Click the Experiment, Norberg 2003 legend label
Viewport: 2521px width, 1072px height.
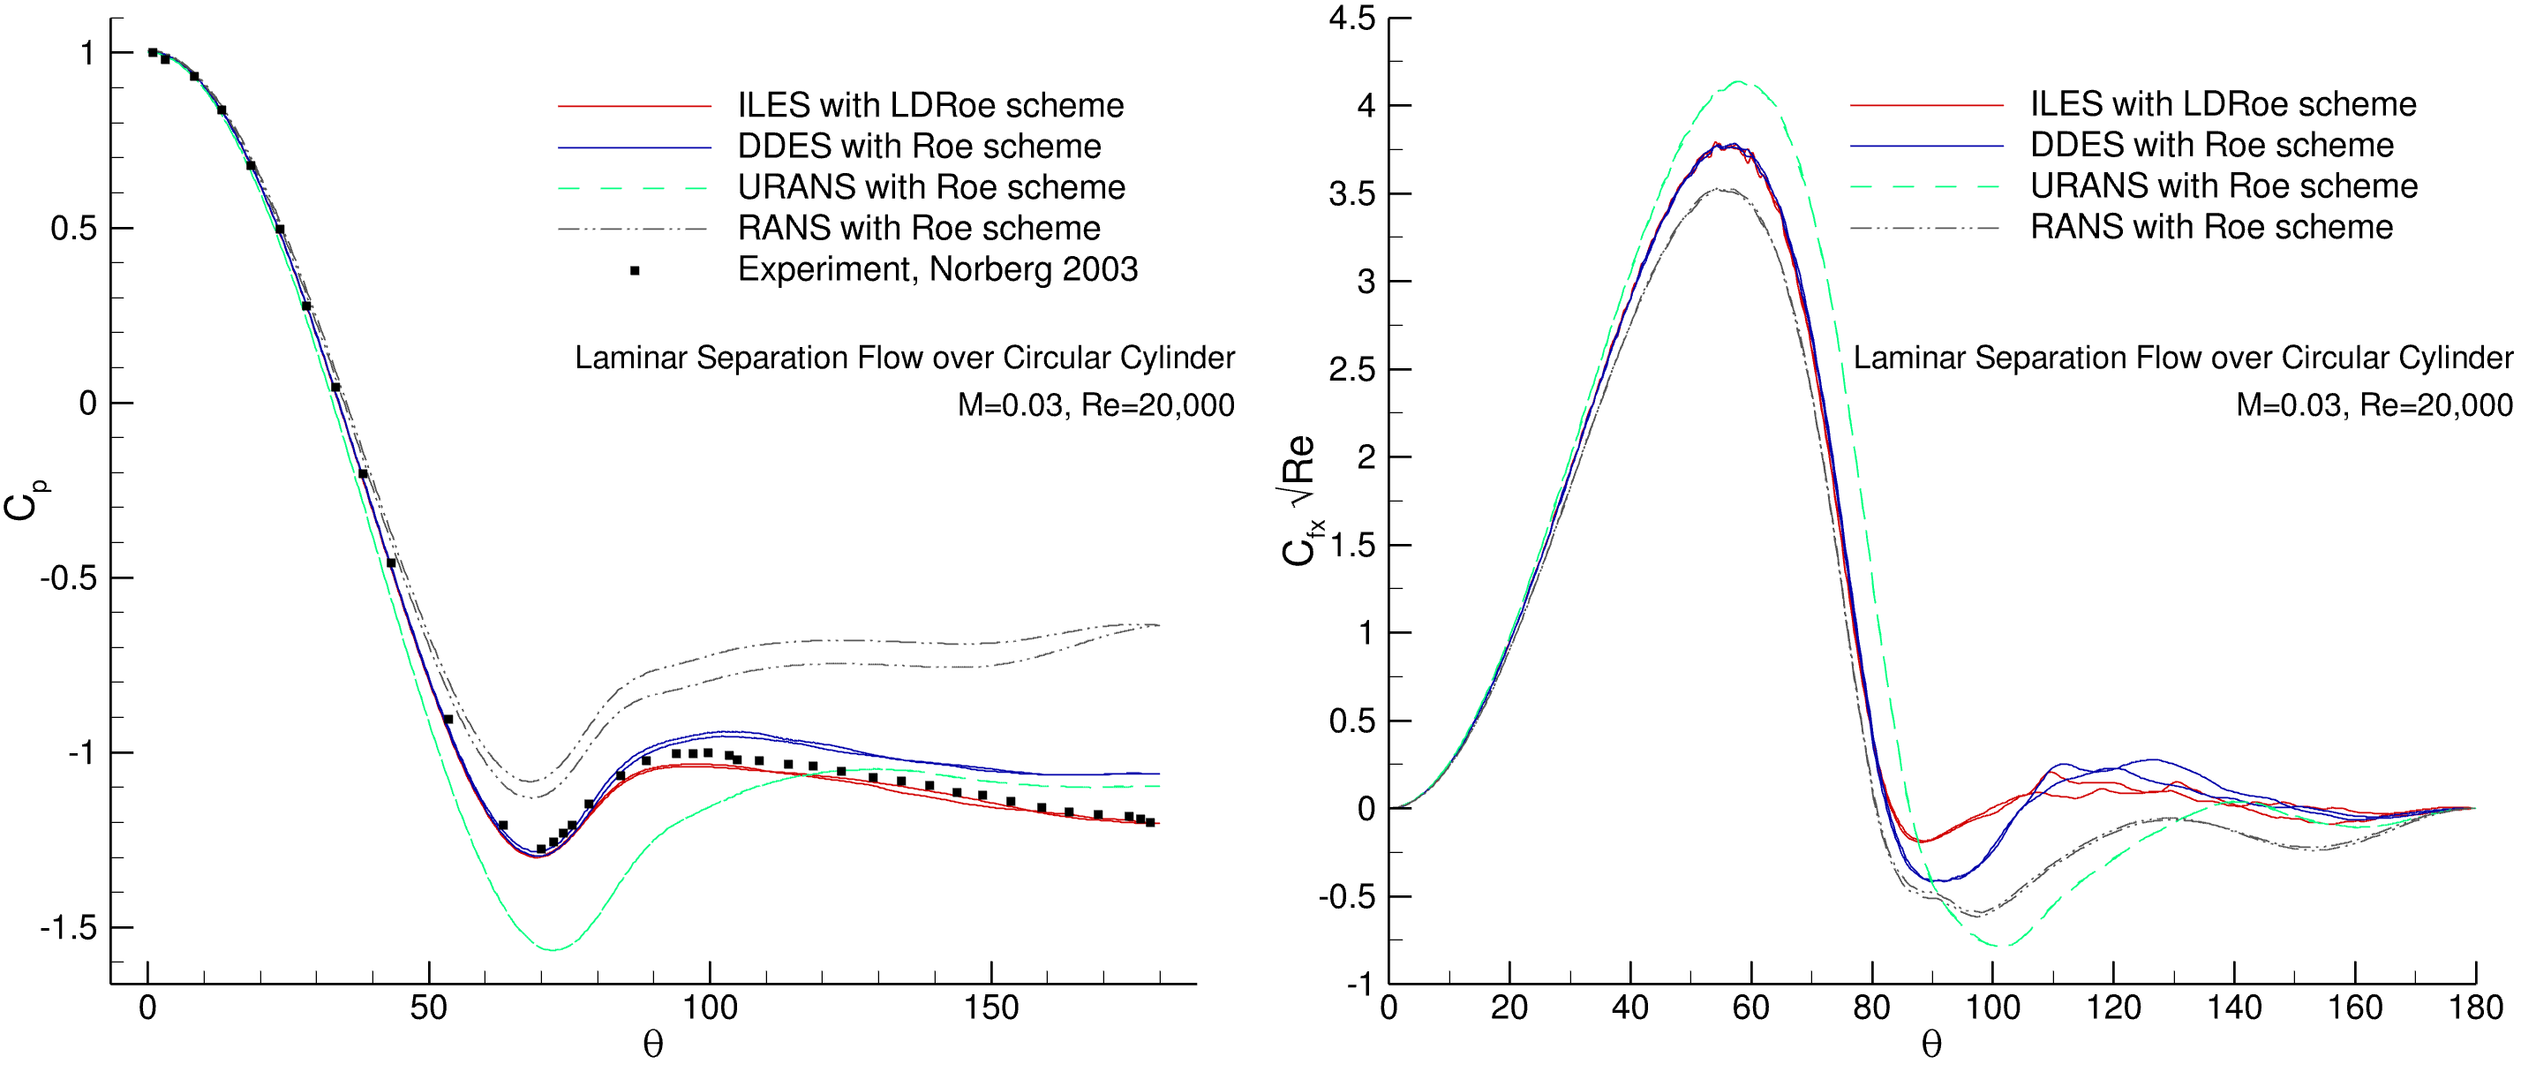(x=937, y=269)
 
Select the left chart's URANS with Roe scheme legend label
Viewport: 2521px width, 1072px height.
(x=930, y=187)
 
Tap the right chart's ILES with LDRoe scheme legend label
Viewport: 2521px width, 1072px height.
(x=2223, y=104)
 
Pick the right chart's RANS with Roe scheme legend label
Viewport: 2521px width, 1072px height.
(x=2211, y=227)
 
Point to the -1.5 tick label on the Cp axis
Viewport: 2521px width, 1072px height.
(x=69, y=927)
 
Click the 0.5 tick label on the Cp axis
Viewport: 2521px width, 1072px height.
(x=73, y=228)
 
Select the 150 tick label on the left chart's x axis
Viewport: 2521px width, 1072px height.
(x=990, y=1008)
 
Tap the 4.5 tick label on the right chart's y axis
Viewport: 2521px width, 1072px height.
(x=1351, y=19)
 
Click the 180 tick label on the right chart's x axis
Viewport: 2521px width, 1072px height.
(x=2475, y=1008)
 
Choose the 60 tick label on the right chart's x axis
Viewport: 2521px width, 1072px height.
(x=1750, y=1008)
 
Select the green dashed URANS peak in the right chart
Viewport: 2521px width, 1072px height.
(x=1738, y=82)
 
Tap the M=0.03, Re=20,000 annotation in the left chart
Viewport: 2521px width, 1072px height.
(x=1095, y=405)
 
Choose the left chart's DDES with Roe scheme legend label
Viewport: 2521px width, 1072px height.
(x=919, y=146)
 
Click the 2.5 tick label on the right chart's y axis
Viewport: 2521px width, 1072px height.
(x=1351, y=370)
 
